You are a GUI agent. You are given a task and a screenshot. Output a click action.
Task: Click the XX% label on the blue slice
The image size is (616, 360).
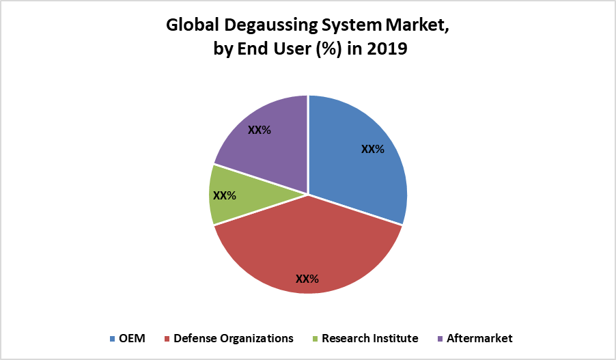372,150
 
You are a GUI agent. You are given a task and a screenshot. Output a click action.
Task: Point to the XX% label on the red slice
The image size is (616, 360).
307,279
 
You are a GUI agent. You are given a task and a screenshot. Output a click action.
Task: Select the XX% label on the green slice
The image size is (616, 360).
225,195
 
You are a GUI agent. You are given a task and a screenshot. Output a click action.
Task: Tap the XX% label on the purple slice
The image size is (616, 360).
260,130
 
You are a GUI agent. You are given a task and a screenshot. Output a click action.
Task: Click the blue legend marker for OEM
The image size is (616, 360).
112,339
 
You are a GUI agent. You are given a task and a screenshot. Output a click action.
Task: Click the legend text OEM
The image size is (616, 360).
132,338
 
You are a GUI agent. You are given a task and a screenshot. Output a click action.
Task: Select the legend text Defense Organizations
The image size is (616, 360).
234,338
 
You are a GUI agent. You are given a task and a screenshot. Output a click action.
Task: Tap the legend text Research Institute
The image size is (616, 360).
370,338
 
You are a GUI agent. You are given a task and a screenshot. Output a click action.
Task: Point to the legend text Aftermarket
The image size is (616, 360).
479,338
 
